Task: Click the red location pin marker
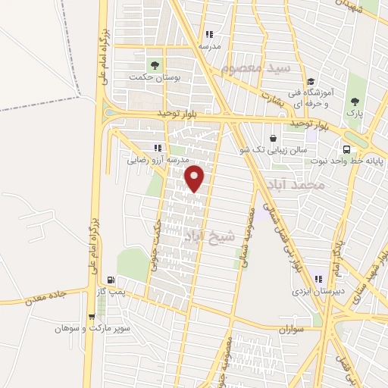click(x=196, y=179)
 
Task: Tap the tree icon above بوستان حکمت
click(x=155, y=64)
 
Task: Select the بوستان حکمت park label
click(x=147, y=77)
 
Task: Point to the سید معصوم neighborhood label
click(x=258, y=69)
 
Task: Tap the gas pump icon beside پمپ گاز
click(x=111, y=280)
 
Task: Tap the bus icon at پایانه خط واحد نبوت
click(x=346, y=149)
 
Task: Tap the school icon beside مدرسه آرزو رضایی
click(x=158, y=148)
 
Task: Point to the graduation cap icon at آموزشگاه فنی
click(x=309, y=83)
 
